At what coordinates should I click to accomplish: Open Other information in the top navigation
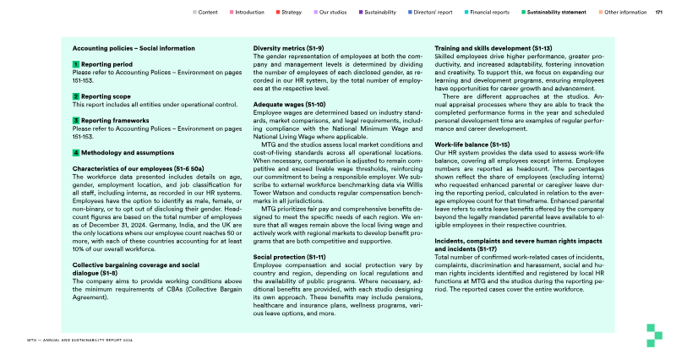coord(625,13)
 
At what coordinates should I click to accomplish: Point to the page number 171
coord(658,13)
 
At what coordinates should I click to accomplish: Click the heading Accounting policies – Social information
coord(128,48)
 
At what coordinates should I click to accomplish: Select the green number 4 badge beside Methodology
coord(76,153)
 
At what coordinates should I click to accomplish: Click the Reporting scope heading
coord(105,97)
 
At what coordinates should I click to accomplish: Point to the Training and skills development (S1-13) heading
coord(493,48)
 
